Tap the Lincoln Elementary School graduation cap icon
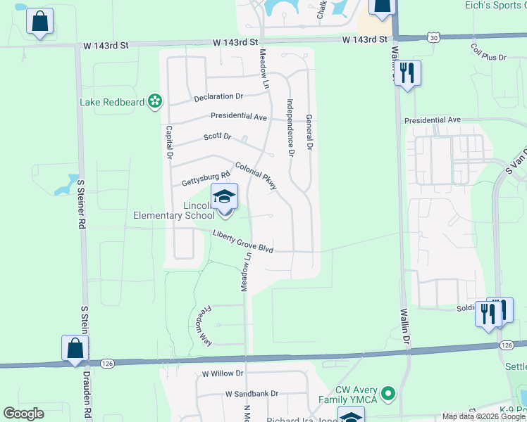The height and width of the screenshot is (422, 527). pos(224,196)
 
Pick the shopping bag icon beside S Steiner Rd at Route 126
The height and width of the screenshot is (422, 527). pos(75,348)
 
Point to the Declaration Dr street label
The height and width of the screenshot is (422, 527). pos(218,96)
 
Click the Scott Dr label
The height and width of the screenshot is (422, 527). pos(217,136)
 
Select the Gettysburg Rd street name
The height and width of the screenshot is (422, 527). pos(206,175)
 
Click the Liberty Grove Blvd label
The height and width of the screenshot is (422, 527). pos(243,241)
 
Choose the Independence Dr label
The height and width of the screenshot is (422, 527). pos(289,127)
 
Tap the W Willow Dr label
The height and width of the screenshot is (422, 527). pos(222,373)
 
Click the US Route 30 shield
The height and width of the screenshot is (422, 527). pos(433,37)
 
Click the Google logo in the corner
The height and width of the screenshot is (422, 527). pos(24,414)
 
